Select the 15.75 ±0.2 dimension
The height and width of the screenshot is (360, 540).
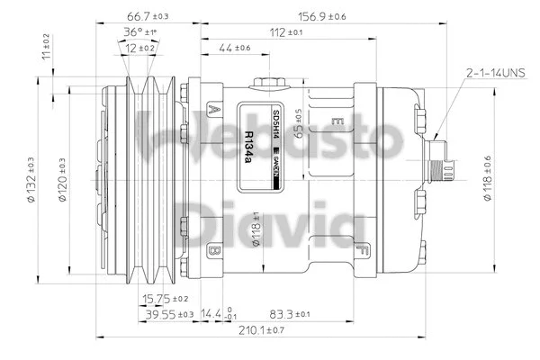point(166,298)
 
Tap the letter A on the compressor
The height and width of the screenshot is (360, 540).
point(214,110)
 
